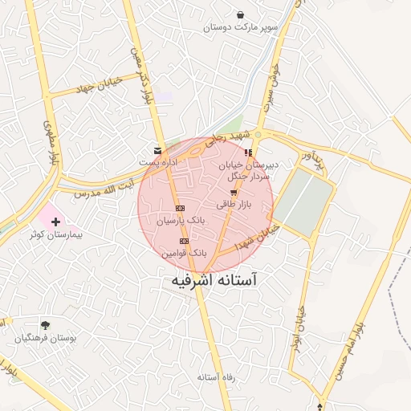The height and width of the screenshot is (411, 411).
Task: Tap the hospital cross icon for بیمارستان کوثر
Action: click(55, 221)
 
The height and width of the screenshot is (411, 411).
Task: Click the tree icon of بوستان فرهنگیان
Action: click(45, 325)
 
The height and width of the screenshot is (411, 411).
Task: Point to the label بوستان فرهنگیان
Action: click(45, 339)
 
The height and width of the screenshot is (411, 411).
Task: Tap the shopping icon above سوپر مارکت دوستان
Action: click(241, 14)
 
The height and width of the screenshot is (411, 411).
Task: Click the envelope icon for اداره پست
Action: click(157, 150)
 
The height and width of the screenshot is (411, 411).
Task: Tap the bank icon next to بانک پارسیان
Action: click(180, 208)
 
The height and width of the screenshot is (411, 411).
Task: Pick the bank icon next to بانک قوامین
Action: click(185, 241)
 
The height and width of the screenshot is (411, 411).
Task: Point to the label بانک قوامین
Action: click(185, 252)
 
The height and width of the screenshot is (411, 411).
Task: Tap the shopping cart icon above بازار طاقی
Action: click(234, 193)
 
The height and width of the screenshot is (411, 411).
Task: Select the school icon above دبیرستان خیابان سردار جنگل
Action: click(249, 153)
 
